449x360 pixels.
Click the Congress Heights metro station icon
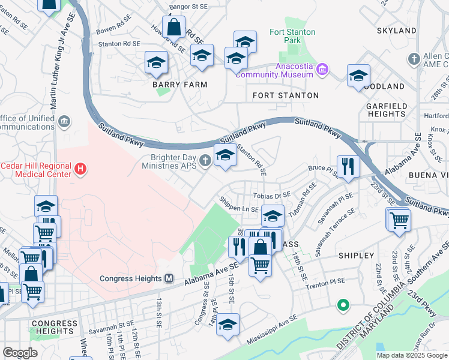click(x=169, y=278)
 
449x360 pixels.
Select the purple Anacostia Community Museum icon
click(x=322, y=70)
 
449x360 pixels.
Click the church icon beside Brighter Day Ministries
click(x=205, y=160)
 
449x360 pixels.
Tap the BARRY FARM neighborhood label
click(x=179, y=85)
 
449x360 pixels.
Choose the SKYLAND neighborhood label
click(x=396, y=30)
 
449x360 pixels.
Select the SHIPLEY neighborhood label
click(x=356, y=256)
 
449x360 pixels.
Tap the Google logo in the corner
click(x=20, y=353)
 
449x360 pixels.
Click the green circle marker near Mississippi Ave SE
click(x=343, y=305)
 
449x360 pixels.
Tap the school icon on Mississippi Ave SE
click(x=228, y=325)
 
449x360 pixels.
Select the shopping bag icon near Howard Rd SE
click(x=173, y=26)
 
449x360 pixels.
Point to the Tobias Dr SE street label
click(x=272, y=195)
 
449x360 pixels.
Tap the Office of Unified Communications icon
click(x=64, y=123)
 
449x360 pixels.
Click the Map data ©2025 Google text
click(x=412, y=355)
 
